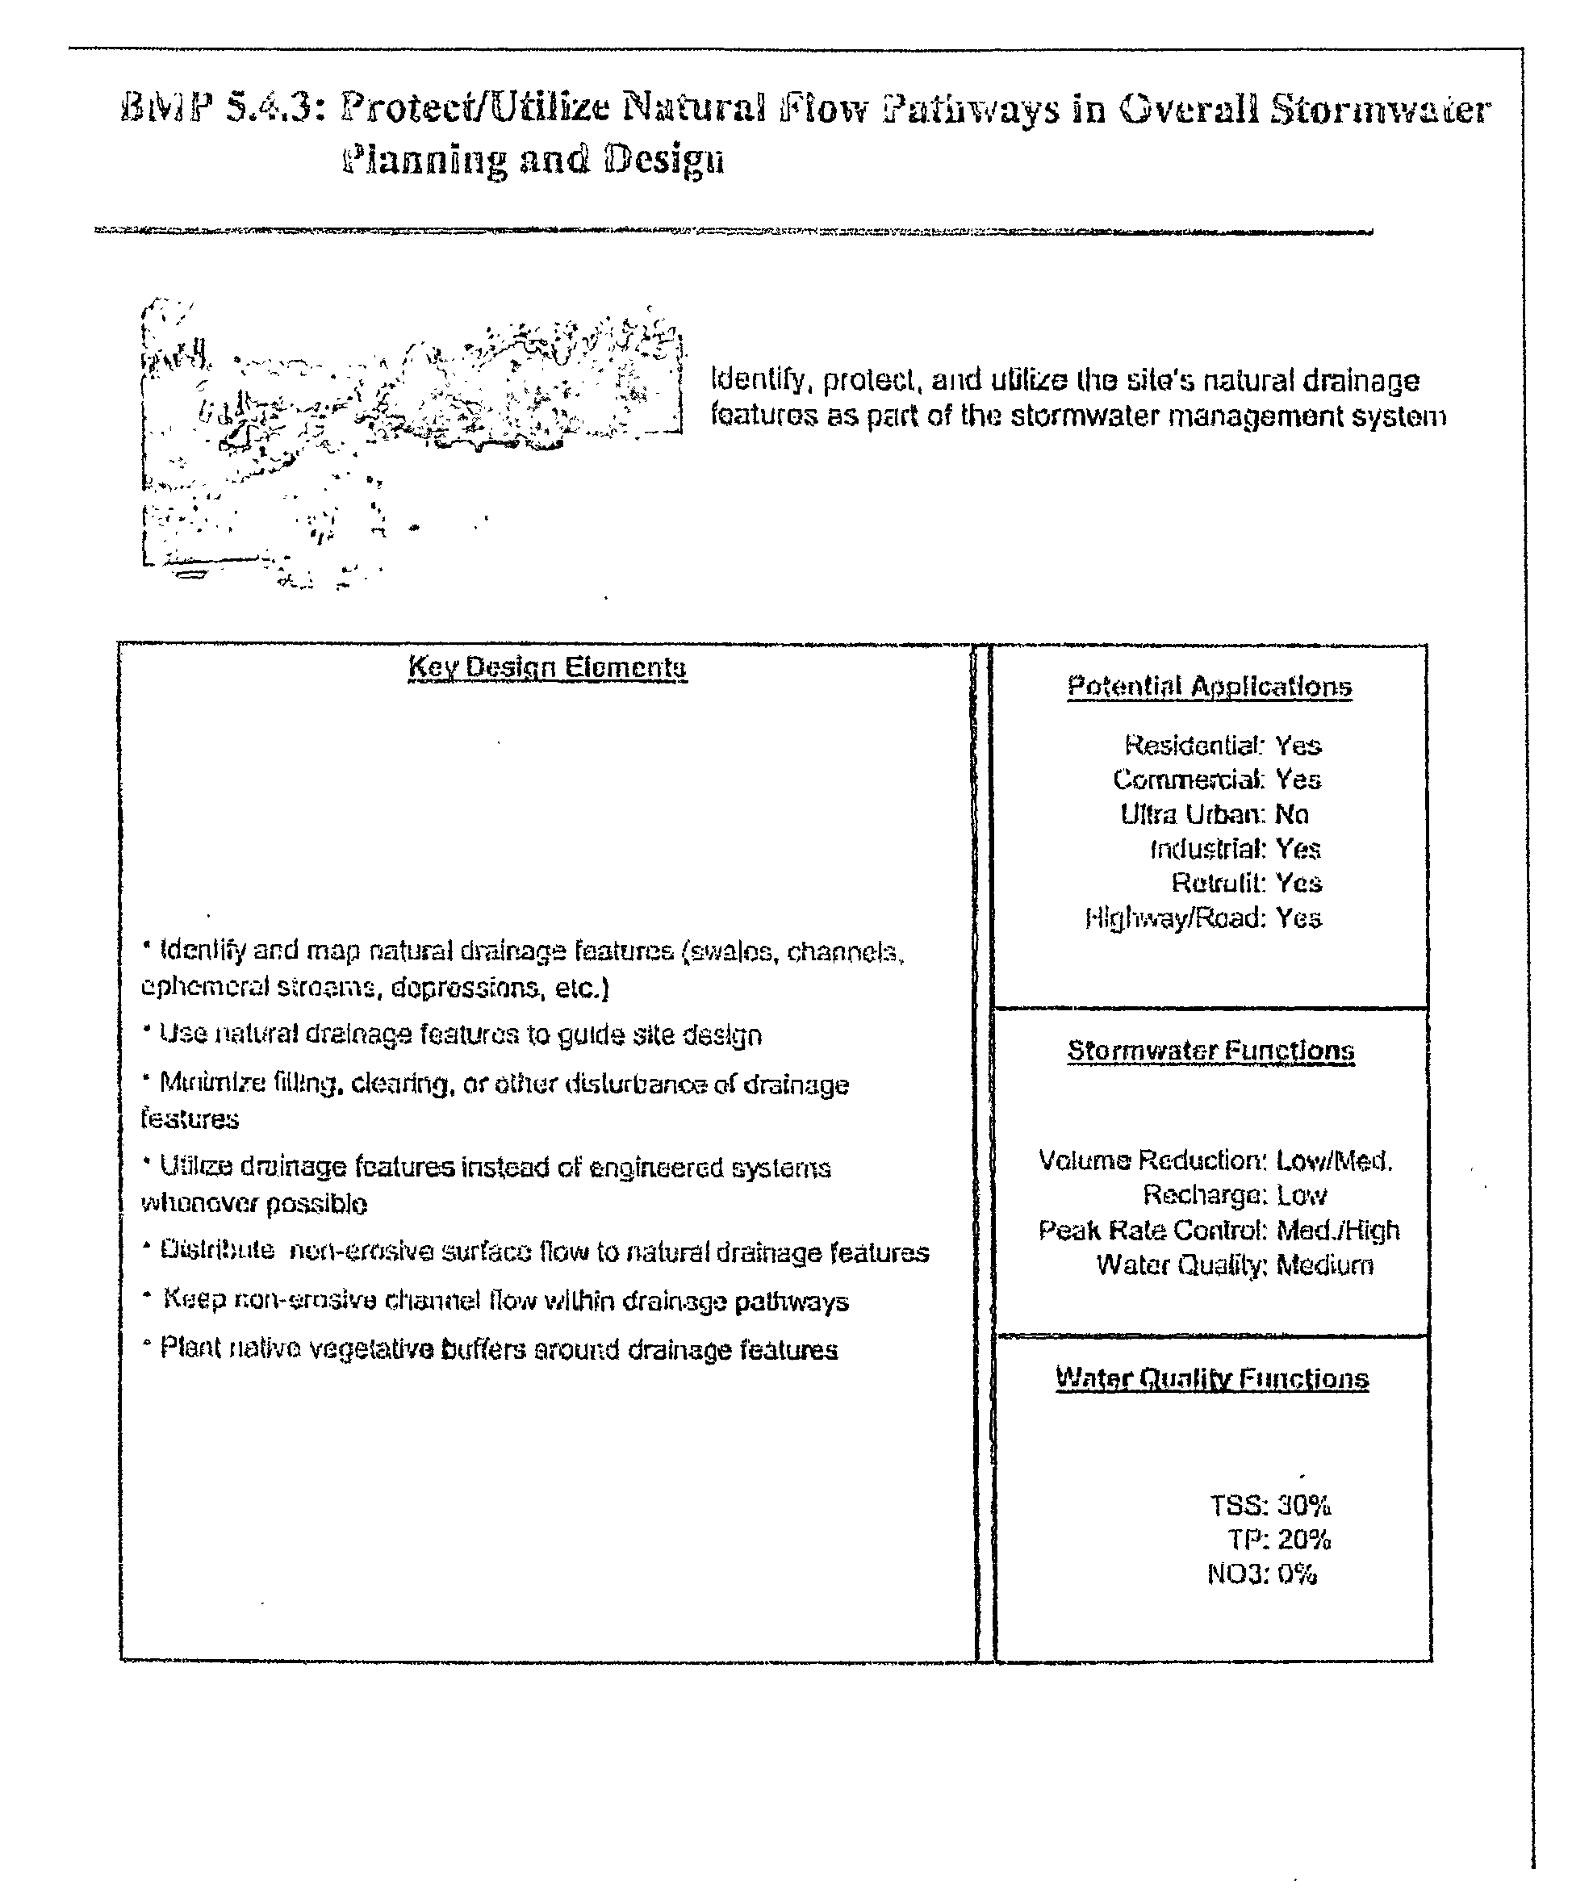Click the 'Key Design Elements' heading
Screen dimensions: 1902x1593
click(x=547, y=668)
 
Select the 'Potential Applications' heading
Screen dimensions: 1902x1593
click(x=1209, y=687)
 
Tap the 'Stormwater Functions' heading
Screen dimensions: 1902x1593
click(x=1210, y=1051)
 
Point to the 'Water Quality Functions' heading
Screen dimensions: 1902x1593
click(x=1212, y=1379)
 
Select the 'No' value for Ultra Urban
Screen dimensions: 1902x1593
click(x=1291, y=814)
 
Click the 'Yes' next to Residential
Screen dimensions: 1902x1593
click(x=1298, y=746)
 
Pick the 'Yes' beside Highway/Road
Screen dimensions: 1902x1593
click(x=1298, y=918)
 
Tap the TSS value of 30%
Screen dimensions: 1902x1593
click(x=1304, y=1507)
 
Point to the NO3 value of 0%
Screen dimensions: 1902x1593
click(x=1297, y=1574)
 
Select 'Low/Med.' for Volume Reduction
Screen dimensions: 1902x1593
click(x=1334, y=1160)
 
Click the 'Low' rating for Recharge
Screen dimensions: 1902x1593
click(x=1302, y=1196)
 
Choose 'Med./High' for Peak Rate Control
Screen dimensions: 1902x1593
click(x=1338, y=1230)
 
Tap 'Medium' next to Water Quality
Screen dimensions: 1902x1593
click(x=1324, y=1265)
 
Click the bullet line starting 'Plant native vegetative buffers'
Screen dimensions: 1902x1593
click(x=498, y=1349)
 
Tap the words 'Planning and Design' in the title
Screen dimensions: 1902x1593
click(x=533, y=161)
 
